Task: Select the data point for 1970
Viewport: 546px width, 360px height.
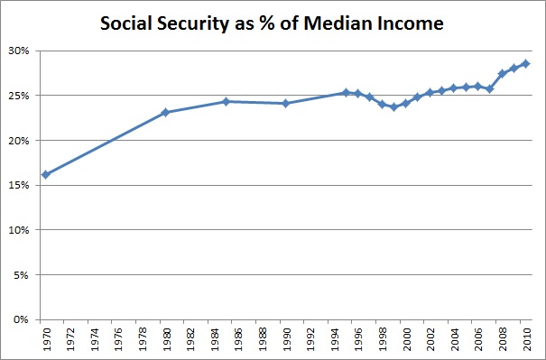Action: [45, 174]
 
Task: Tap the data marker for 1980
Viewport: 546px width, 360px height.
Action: [165, 113]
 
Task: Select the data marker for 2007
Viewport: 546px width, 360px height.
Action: [489, 88]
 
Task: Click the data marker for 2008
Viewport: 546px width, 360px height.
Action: [502, 73]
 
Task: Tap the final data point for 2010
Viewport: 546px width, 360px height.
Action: [525, 63]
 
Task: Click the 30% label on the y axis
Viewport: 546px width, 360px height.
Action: [21, 51]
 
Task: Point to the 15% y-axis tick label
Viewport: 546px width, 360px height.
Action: [21, 185]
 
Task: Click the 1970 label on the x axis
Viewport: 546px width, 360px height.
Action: [45, 341]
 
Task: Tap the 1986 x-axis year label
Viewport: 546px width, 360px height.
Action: [237, 341]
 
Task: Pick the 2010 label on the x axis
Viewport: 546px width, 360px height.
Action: [525, 341]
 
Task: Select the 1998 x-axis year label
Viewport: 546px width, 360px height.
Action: [382, 341]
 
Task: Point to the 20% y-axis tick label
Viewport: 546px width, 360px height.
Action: [21, 140]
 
